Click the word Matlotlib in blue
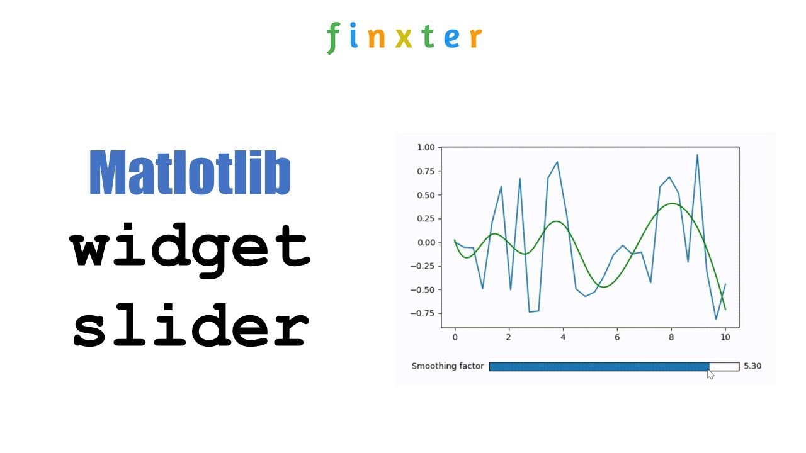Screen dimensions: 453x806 click(190, 173)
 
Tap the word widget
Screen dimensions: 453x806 click(190, 247)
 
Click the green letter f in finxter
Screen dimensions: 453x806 click(332, 38)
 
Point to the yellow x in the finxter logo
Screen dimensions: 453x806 click(404, 38)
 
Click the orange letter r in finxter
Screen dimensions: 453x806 click(475, 38)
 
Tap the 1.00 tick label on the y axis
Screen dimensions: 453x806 click(426, 147)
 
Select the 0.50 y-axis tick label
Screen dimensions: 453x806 click(426, 195)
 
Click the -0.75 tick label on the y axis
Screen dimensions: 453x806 click(424, 313)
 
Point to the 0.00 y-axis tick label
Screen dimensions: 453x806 click(426, 242)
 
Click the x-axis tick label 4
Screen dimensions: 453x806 click(563, 337)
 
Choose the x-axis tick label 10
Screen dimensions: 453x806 click(725, 337)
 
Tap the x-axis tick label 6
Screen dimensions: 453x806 click(617, 337)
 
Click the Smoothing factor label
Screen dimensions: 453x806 click(448, 366)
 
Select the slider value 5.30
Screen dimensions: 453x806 click(752, 366)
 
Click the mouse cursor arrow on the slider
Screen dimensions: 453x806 click(710, 374)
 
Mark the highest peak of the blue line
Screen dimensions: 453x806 click(697, 154)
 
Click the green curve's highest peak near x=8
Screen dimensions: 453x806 click(672, 203)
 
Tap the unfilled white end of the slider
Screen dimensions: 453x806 click(724, 367)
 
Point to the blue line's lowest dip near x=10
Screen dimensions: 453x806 click(716, 319)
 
